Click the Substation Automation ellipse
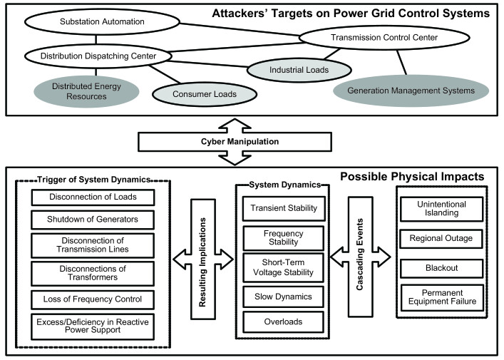pyautogui.click(x=102, y=21)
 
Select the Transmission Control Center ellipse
pyautogui.click(x=384, y=38)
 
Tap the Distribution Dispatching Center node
pyautogui.click(x=98, y=56)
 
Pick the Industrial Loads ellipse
pyautogui.click(x=299, y=70)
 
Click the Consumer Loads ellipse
pyautogui.click(x=205, y=94)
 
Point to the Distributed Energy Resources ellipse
pyautogui.click(x=86, y=91)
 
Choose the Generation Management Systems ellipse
pyautogui.click(x=411, y=91)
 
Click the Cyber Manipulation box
pyautogui.click(x=235, y=142)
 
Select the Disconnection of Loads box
pyautogui.click(x=93, y=197)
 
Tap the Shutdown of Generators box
pyautogui.click(x=93, y=220)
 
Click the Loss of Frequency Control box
pyautogui.click(x=93, y=299)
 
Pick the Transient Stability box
pyautogui.click(x=284, y=208)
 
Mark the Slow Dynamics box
pyautogui.click(x=283, y=297)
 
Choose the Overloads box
pyautogui.click(x=283, y=322)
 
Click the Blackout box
pyautogui.click(x=442, y=268)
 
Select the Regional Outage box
pyautogui.click(x=441, y=239)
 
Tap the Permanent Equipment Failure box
pyautogui.click(x=442, y=297)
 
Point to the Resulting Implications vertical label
pyautogui.click(x=202, y=262)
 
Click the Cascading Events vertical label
pyautogui.click(x=360, y=254)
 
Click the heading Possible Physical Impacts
pyautogui.click(x=412, y=177)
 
